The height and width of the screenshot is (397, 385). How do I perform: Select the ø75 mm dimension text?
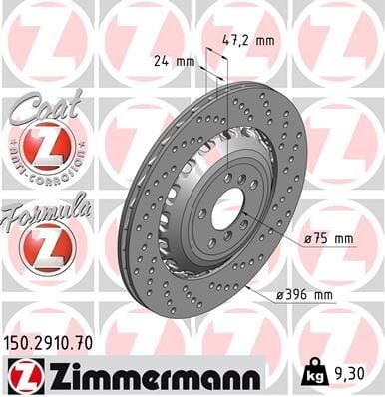[x=329, y=239]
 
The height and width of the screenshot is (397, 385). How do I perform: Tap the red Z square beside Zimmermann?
[x=20, y=374]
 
